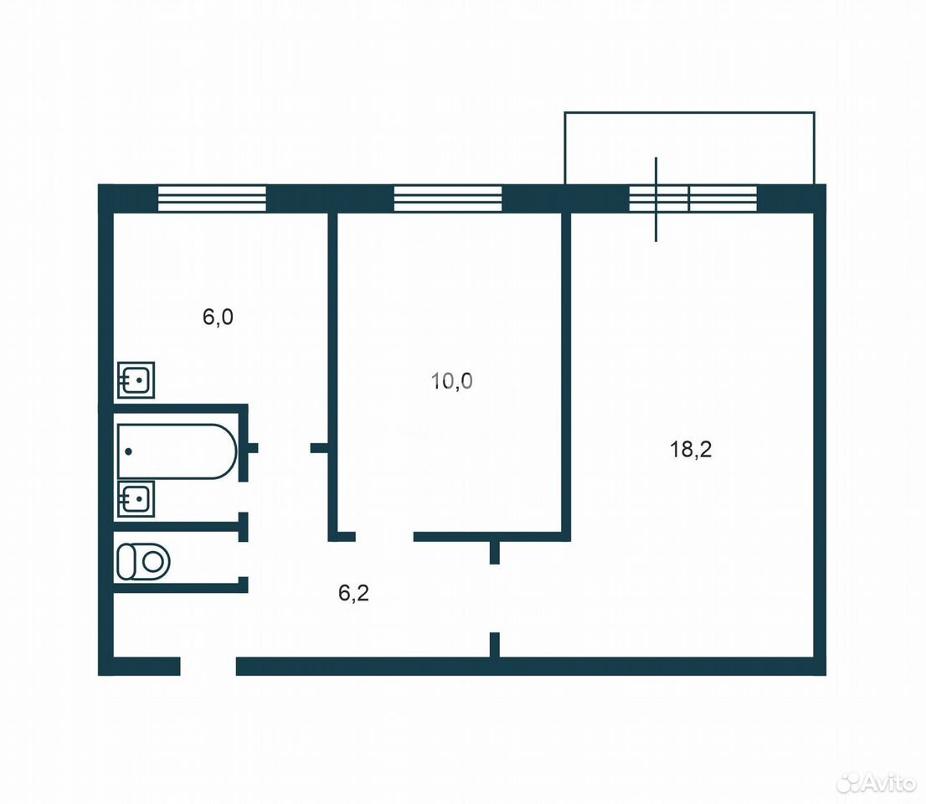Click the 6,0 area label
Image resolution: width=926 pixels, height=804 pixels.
[218, 317]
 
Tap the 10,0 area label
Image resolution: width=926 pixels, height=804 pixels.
[452, 381]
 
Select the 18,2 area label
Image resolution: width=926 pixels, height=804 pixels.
[691, 450]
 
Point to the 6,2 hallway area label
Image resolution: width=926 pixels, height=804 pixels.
[354, 592]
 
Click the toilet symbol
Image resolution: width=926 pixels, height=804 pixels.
[143, 561]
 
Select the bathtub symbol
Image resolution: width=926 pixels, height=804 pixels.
[177, 451]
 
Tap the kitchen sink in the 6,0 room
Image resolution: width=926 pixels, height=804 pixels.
[136, 380]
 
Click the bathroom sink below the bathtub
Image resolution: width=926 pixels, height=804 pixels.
[136, 499]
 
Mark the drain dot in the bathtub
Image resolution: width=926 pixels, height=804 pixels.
[128, 451]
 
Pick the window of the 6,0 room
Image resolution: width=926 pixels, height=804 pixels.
[212, 198]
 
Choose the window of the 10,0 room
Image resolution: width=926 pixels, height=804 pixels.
[448, 198]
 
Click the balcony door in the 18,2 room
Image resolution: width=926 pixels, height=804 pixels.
[656, 199]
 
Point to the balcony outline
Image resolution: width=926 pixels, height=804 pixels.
[690, 112]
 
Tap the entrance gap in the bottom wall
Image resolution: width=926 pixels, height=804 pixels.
[208, 666]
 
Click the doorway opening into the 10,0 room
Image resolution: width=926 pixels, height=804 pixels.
[384, 536]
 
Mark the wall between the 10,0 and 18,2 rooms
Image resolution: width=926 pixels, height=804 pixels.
[566, 376]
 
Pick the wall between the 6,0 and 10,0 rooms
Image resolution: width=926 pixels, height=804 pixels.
[332, 376]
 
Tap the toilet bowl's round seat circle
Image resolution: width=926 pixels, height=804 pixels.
[153, 561]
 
